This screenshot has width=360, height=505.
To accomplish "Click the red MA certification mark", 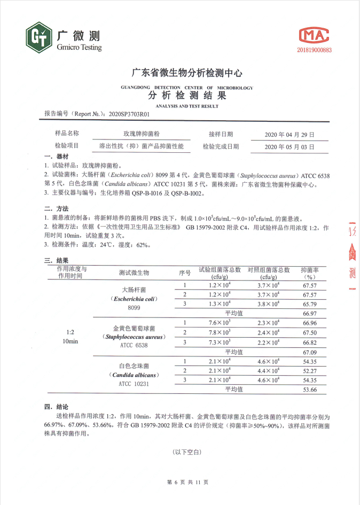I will point(314,35).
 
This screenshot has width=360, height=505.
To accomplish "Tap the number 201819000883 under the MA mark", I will point(314,50).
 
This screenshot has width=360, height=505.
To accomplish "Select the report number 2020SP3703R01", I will point(129,114).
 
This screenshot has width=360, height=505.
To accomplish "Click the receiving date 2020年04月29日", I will point(289,135).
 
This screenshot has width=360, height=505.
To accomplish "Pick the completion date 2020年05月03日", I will point(289,146).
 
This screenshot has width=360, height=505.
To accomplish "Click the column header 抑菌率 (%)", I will point(310,274).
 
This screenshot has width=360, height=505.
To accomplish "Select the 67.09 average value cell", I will point(310,352).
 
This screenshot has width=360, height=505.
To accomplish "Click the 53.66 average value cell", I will point(310,390).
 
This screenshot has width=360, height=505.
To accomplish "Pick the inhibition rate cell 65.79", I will point(310,304).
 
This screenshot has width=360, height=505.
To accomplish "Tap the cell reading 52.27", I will point(310,370).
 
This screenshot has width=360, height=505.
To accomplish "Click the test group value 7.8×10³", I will point(220,332).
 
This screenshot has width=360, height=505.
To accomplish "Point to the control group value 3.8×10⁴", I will point(269,304).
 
